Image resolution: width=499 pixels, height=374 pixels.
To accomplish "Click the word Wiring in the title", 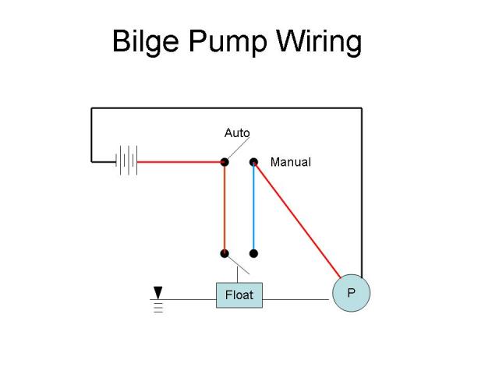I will [318, 41].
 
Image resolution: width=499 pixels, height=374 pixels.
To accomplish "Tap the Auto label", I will [237, 133].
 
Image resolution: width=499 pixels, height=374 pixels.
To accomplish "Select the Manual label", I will [290, 162].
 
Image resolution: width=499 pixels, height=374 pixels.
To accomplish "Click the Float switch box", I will [239, 295].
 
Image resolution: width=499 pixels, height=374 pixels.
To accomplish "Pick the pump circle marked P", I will [351, 293].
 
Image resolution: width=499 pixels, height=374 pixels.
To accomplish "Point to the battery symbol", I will [126, 161].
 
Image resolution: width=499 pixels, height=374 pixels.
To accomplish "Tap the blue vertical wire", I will [253, 207].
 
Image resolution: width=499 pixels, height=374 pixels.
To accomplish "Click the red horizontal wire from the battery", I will [179, 162].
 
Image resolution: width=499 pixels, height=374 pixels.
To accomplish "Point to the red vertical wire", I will [225, 207].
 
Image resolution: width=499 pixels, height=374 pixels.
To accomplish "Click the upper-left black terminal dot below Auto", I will [225, 162].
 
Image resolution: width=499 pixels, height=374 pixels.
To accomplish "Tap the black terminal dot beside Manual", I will [253, 162].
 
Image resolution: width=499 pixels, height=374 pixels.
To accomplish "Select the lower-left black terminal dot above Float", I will [225, 253].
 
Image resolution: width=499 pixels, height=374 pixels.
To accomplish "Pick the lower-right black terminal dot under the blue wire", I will [253, 253].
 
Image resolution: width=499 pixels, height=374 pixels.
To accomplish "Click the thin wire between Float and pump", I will [296, 299].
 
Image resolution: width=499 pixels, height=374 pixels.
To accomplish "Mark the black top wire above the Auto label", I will [226, 108].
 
